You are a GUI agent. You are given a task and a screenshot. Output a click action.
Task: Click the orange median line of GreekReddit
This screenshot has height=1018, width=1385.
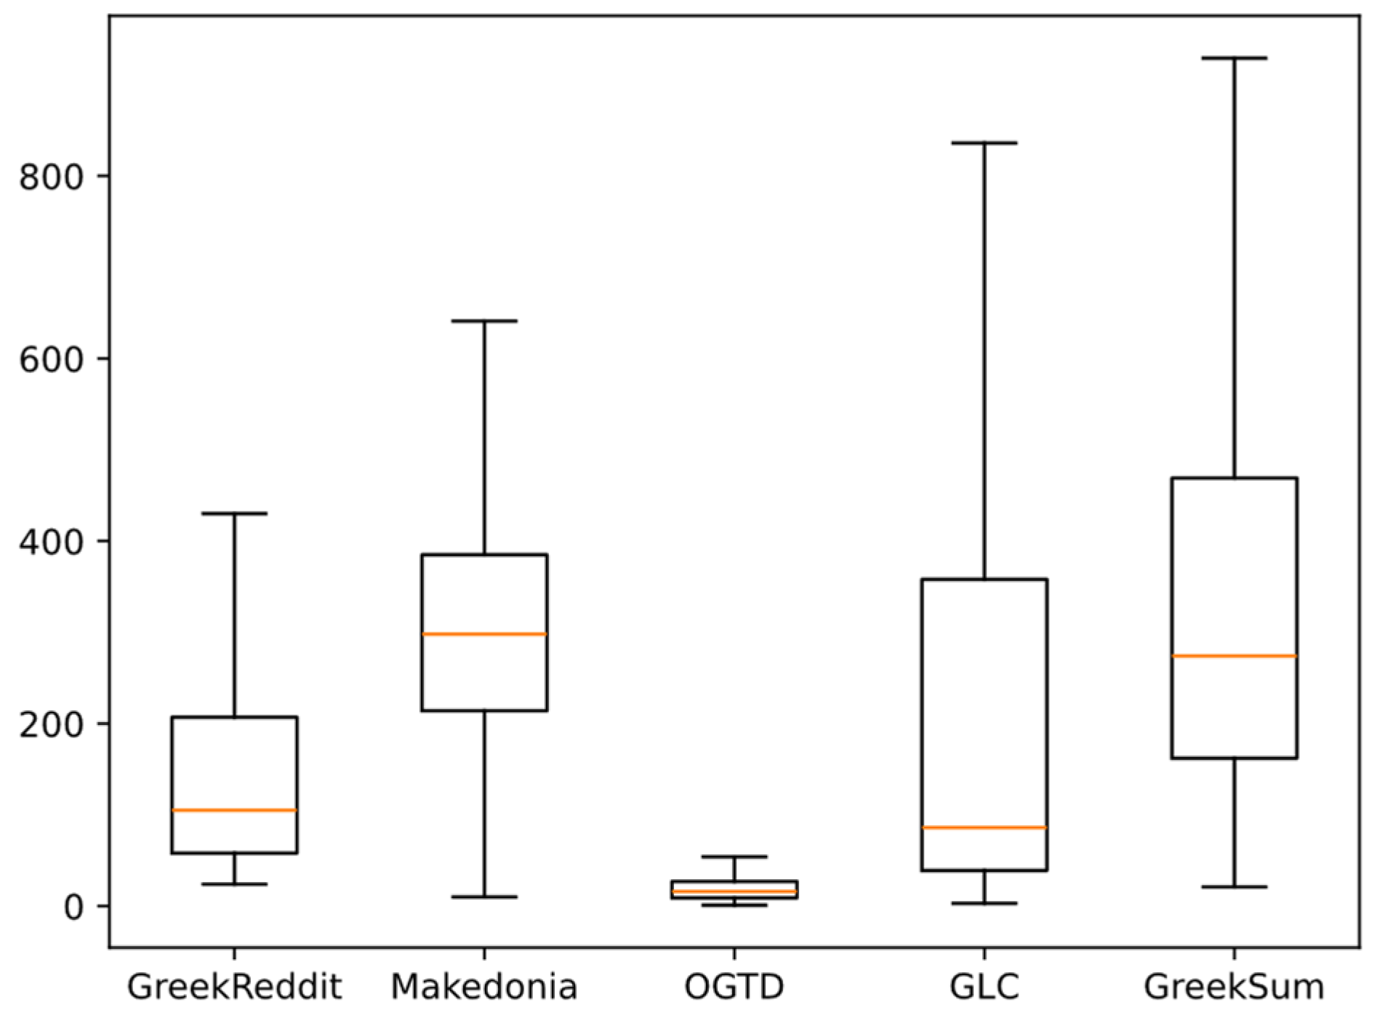[234, 810]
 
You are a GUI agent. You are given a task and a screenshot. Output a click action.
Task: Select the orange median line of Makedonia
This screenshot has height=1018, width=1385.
[484, 634]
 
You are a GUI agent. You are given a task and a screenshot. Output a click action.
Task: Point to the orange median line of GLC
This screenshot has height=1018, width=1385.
[984, 827]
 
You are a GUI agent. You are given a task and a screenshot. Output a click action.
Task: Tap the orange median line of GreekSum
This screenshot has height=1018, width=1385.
[1234, 656]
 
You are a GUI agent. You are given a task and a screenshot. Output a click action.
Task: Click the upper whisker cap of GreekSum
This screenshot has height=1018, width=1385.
[1234, 57]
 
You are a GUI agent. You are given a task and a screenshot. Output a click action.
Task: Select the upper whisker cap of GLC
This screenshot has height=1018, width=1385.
[984, 143]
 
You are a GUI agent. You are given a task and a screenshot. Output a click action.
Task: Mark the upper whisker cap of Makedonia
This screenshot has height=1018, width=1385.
[484, 321]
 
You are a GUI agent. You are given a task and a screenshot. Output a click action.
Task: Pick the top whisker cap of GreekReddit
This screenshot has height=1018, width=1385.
[234, 513]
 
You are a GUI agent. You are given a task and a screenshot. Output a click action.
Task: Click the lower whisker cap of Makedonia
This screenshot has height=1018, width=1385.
[484, 897]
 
